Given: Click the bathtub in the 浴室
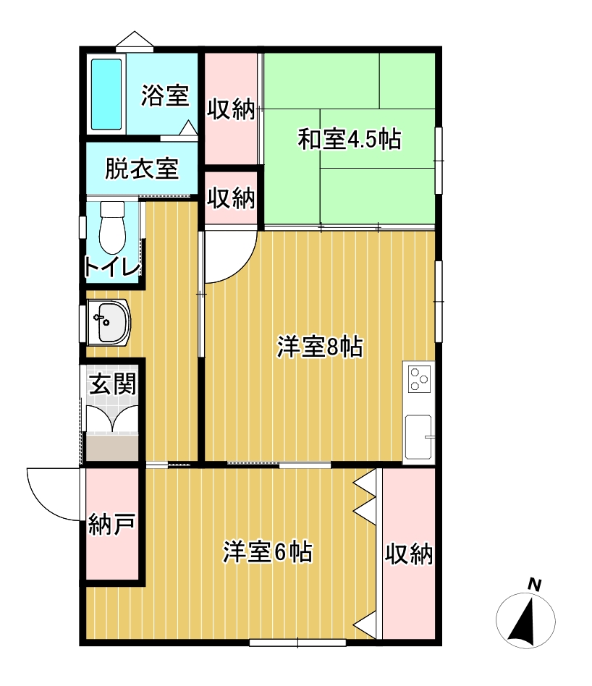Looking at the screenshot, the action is point(106,94).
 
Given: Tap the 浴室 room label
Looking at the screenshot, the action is point(165,96).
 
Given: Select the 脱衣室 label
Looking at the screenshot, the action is point(142,168).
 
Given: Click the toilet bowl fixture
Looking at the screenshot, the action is point(112,227).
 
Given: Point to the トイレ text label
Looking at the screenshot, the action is point(112,266).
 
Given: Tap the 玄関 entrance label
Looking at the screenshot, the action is point(113,384).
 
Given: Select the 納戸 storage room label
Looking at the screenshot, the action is point(111,524).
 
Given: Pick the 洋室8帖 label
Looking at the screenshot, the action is point(320,347).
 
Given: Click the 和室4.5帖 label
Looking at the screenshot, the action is point(349,139).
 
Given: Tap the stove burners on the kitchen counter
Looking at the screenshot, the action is point(419,379).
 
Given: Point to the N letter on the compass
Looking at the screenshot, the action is point(535,585).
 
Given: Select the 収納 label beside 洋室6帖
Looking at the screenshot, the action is point(409,554).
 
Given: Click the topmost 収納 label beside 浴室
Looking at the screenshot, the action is point(231,109).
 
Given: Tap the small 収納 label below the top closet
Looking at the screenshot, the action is point(231,198).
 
